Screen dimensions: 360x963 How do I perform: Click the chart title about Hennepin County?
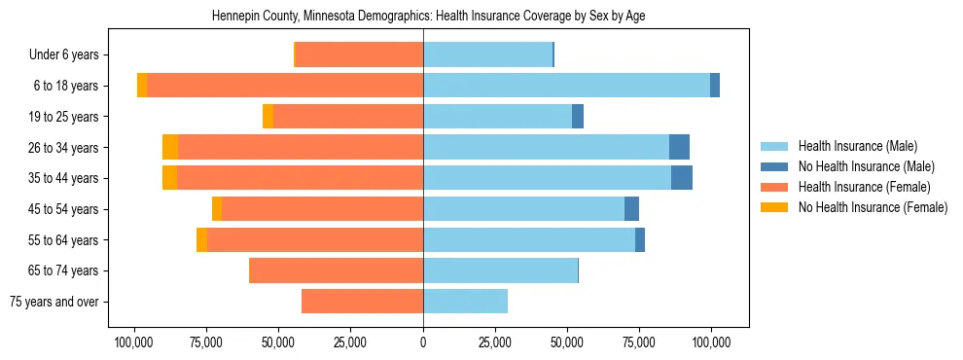pos(428,16)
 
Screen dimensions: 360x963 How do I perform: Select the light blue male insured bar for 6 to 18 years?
pos(566,86)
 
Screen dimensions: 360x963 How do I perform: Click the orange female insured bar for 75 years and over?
pos(362,302)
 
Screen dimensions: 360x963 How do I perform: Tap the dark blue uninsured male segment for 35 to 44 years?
pos(682,178)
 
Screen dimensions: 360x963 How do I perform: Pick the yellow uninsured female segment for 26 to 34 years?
pos(170,147)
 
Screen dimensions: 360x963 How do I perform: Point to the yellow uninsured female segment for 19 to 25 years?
pos(268,117)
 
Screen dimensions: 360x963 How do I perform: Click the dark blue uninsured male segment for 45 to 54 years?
pos(631,209)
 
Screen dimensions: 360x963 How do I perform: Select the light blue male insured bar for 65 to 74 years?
pos(500,270)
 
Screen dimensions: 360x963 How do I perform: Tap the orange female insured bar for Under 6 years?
pos(359,54)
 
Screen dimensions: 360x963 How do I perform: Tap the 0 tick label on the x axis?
pos(423,342)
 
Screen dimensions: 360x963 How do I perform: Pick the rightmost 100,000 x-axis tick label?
pos(711,342)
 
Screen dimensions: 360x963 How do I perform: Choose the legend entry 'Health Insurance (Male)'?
pos(857,146)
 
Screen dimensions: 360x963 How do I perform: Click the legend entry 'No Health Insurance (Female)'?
pos(873,207)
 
